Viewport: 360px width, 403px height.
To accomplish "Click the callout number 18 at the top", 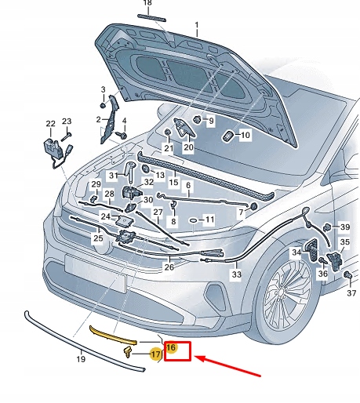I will [x=147, y=4].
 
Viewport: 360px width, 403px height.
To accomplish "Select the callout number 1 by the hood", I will [x=197, y=26].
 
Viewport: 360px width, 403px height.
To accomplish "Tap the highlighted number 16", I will [x=170, y=346].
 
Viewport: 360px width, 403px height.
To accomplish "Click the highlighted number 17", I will [x=155, y=354].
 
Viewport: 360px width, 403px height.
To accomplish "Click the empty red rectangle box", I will [x=177, y=350].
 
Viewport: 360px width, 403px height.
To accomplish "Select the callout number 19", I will [x=80, y=360].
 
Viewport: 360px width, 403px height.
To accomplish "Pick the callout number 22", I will [x=50, y=124].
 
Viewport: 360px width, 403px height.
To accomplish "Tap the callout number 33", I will [x=236, y=274].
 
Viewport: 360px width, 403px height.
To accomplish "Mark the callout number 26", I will [x=169, y=267].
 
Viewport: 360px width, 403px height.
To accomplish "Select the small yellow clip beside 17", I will [x=127, y=354].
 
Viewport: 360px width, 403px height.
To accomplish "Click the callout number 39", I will [x=345, y=227].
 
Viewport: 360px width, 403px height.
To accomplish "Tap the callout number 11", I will [x=209, y=221].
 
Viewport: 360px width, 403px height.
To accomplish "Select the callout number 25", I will [x=98, y=238].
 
